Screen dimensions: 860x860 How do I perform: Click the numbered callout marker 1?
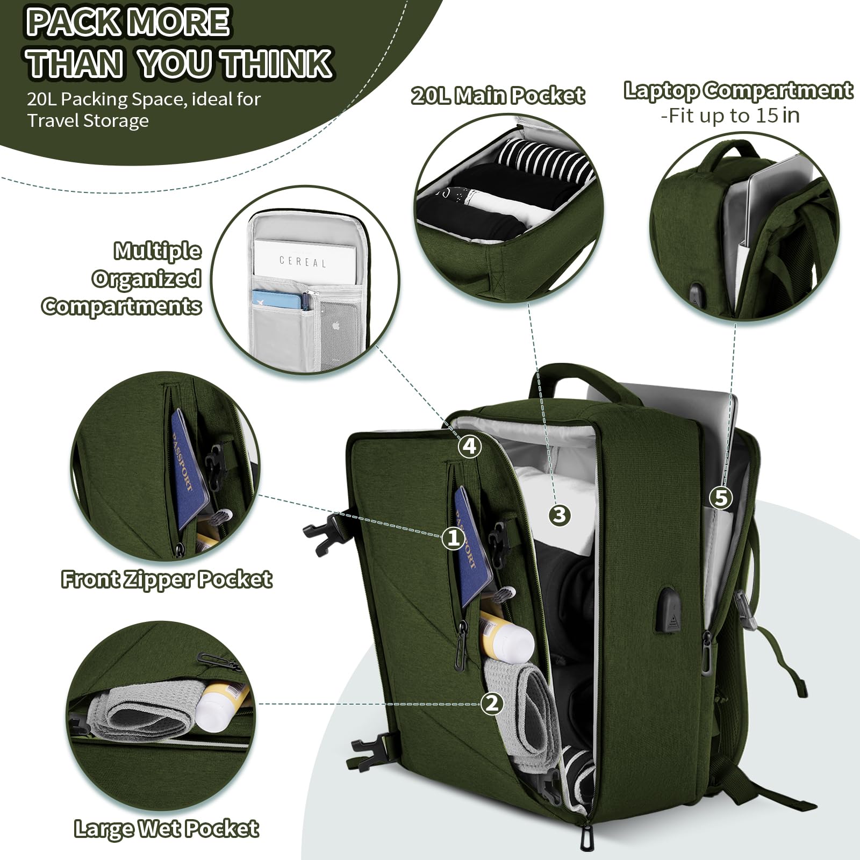(453, 537)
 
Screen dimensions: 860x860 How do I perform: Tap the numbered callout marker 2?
(492, 704)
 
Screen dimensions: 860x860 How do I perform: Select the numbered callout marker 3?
(560, 515)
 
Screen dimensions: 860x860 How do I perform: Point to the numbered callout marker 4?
(469, 446)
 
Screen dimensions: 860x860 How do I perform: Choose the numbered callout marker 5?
(721, 498)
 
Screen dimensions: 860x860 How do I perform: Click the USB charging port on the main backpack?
(668, 609)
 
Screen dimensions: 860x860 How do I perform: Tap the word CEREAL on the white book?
(303, 262)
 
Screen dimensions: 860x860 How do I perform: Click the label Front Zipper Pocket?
(167, 579)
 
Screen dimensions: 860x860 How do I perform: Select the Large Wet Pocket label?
(167, 828)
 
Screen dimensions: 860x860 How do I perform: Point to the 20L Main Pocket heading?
(498, 96)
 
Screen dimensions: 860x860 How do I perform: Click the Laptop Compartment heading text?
(738, 90)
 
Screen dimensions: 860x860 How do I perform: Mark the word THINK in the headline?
(277, 63)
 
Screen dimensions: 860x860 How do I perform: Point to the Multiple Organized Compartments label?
(122, 278)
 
